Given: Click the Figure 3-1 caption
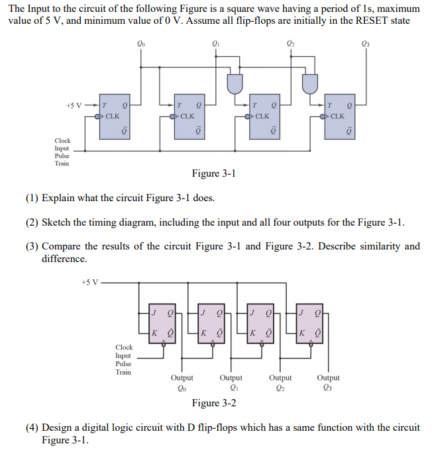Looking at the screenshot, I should pyautogui.click(x=213, y=173).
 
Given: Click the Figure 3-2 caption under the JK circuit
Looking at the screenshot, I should pyautogui.click(x=213, y=403).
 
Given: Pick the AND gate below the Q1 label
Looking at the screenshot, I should pyautogui.click(x=235, y=83).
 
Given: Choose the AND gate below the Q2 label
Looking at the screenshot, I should pyautogui.click(x=310, y=83).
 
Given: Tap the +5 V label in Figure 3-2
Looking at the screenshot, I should pyautogui.click(x=89, y=282).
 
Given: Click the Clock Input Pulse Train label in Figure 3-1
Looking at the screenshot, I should pyautogui.click(x=62, y=152).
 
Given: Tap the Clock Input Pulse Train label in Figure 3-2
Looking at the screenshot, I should pyautogui.click(x=124, y=359).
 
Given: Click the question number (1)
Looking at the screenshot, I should pyautogui.click(x=32, y=198).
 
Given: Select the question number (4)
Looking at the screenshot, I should pyautogui.click(x=32, y=427).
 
